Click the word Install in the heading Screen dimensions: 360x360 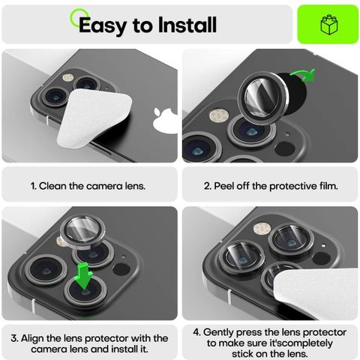187,25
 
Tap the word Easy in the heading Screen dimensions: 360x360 103,26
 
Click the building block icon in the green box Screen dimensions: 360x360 329,25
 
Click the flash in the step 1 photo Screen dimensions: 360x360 68,77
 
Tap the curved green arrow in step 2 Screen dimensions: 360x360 303,75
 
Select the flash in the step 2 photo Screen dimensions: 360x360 219,116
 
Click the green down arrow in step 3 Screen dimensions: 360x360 84,276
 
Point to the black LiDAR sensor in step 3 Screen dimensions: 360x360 121,269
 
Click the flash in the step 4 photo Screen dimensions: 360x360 262,229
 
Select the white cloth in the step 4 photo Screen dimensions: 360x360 316,294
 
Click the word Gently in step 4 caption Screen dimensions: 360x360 218,332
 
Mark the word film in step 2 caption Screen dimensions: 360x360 328,186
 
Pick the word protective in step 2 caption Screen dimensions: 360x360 293,187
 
